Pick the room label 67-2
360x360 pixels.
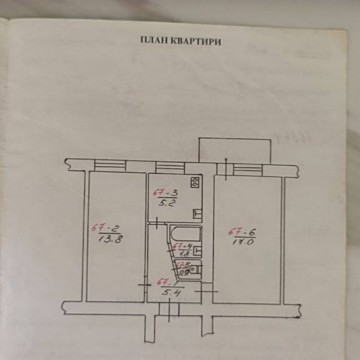pos(105,228)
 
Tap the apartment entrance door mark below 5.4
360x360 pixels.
pos(169,309)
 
